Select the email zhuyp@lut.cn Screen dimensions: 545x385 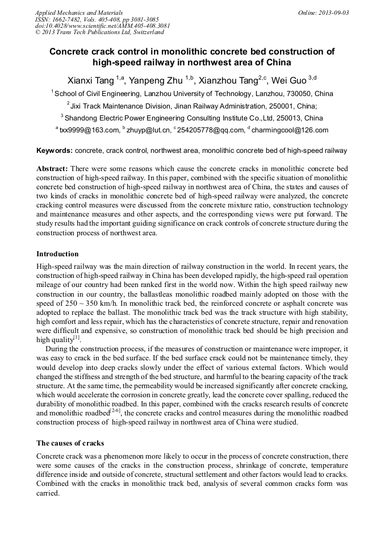pos(150,130)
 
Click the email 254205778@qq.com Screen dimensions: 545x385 pos(210,130)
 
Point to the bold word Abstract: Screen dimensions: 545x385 pos(52,169)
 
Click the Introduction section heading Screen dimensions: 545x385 pos(57,253)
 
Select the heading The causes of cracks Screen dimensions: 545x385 pos(70,443)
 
